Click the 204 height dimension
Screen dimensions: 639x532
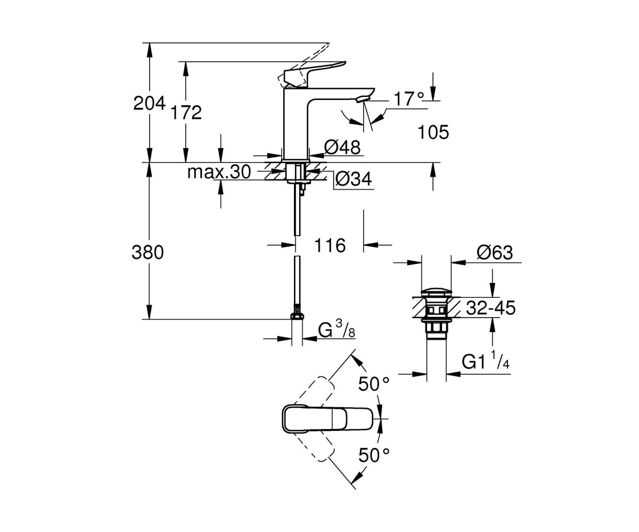[149, 103]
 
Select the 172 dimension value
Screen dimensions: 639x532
[186, 112]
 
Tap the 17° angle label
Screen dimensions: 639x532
[409, 98]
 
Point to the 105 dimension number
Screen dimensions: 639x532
[433, 132]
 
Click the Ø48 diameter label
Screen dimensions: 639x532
[342, 147]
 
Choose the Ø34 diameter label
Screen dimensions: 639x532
[354, 179]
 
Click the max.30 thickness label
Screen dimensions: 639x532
[219, 172]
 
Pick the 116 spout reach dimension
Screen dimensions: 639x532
[330, 245]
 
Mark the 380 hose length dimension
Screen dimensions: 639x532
[148, 253]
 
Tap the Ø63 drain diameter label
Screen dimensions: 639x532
[495, 253]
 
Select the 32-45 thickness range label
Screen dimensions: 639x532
[491, 307]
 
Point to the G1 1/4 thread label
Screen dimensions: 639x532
[485, 361]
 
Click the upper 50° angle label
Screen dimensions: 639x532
[374, 384]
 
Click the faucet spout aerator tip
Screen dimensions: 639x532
[363, 98]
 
